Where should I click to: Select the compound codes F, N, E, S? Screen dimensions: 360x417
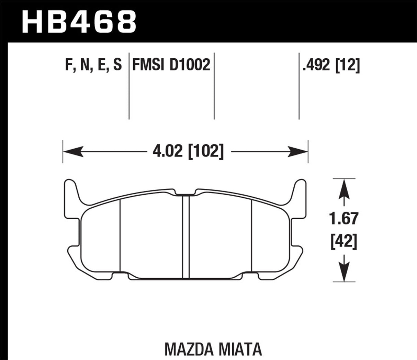[94, 65]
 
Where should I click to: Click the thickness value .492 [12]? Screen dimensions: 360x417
[331, 65]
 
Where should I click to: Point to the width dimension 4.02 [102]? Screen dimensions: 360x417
[187, 151]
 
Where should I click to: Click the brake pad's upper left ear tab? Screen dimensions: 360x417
[70, 190]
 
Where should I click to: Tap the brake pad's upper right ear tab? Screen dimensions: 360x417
[300, 190]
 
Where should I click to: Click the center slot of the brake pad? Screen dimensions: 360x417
[185, 237]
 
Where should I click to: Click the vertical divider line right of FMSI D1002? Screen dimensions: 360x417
[214, 86]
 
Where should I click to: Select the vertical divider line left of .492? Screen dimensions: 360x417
[299, 86]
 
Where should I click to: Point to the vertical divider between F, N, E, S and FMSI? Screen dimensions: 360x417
[129, 86]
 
